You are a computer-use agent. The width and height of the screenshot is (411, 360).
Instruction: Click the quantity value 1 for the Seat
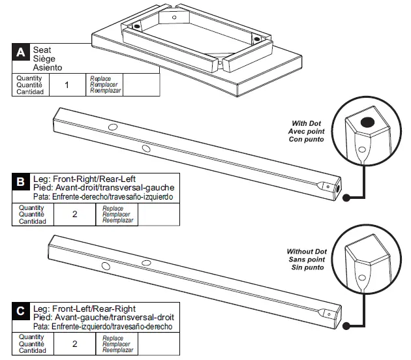coord(67,85)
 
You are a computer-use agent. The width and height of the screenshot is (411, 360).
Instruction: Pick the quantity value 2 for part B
coord(74,214)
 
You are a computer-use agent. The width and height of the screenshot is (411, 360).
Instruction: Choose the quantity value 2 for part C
coord(74,343)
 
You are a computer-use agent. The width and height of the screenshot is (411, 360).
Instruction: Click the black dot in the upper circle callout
coord(367,122)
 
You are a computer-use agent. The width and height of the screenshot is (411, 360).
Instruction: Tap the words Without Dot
coord(306,251)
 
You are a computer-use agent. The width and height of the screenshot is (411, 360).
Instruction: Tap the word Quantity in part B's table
coord(31,208)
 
